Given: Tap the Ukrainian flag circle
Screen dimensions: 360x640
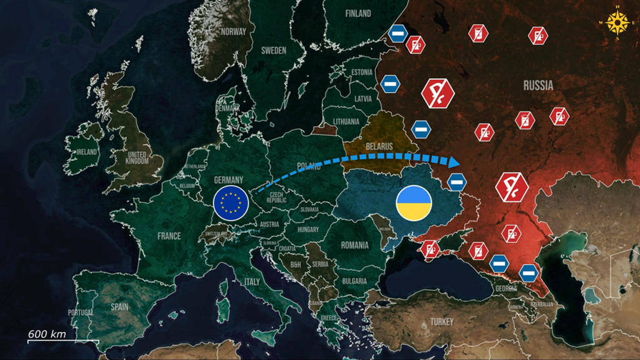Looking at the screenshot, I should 414,202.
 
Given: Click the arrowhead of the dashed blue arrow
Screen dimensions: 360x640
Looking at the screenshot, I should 455,161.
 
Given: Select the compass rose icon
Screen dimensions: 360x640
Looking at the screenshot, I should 618,22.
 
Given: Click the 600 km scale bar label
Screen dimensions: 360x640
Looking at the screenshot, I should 47,334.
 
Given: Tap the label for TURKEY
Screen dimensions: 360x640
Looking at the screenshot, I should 443,322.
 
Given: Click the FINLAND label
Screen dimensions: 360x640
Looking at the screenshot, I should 357,13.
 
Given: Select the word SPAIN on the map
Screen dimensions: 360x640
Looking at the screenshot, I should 119,307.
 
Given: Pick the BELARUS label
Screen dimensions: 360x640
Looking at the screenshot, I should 379,146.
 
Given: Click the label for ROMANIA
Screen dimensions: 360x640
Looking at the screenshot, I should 354,245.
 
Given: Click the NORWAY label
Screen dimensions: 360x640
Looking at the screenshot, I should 233,31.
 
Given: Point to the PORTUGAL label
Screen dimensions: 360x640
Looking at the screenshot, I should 81,312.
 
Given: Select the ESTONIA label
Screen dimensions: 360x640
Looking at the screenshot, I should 362,72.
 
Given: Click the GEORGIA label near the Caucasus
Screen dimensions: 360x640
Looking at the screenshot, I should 506,289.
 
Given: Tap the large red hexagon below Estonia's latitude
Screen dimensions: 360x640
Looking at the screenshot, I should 437,93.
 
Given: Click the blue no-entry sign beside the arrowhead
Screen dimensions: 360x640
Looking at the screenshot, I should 457,182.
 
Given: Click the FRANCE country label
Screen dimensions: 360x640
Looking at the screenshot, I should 169,236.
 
